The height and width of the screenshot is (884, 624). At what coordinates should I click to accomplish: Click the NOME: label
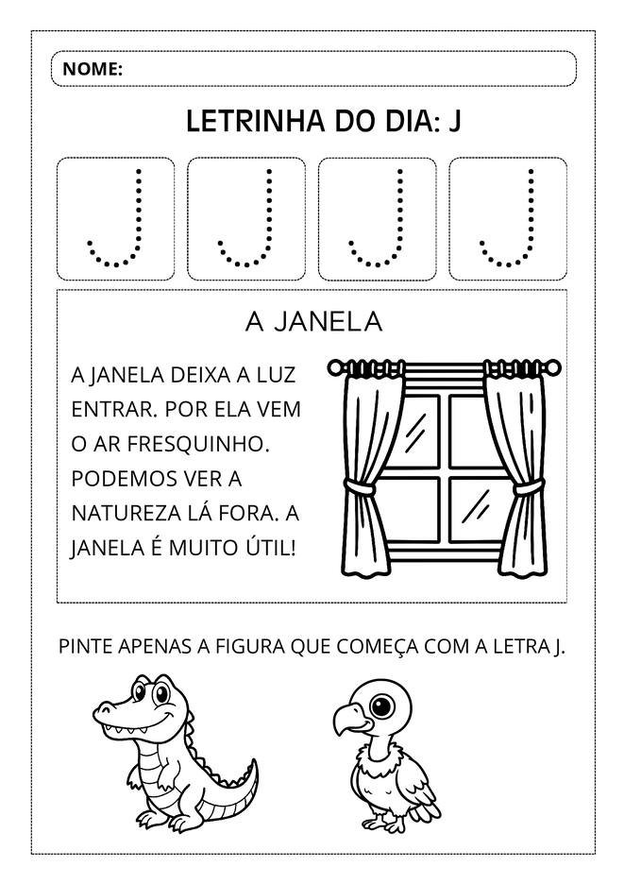pyautogui.click(x=92, y=69)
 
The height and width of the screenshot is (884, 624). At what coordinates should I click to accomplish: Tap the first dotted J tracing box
pyautogui.click(x=116, y=219)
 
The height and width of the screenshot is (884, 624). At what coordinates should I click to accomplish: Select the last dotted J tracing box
pyautogui.click(x=508, y=219)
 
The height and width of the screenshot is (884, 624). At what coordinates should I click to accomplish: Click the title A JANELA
pyautogui.click(x=312, y=322)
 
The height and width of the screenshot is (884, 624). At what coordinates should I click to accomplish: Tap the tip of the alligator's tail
pyautogui.click(x=255, y=761)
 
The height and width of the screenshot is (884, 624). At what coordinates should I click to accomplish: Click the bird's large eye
pyautogui.click(x=382, y=705)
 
